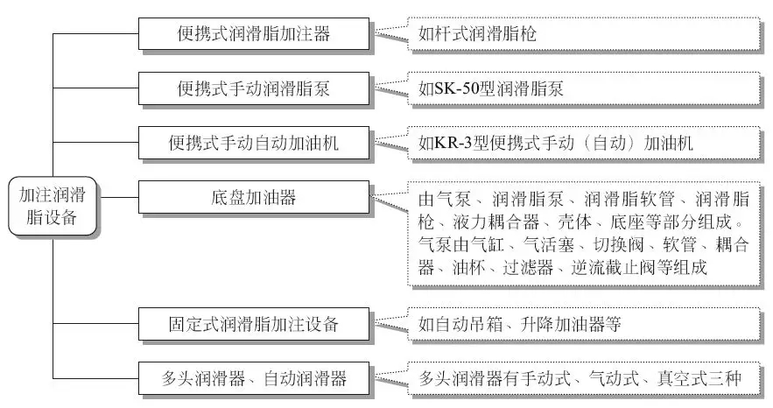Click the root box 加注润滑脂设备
52,206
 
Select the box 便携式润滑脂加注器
253,35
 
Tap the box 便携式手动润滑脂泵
253,88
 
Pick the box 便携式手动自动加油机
253,144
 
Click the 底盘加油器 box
253,198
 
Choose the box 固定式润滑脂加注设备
253,324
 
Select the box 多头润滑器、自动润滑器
253,378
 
